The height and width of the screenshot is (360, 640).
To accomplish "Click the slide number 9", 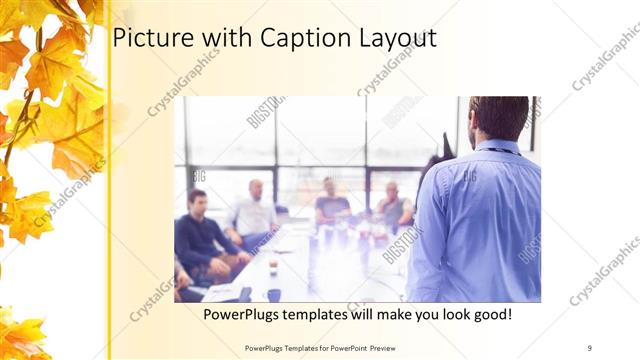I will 590,346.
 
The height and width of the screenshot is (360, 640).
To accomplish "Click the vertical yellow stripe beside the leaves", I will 108,200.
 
